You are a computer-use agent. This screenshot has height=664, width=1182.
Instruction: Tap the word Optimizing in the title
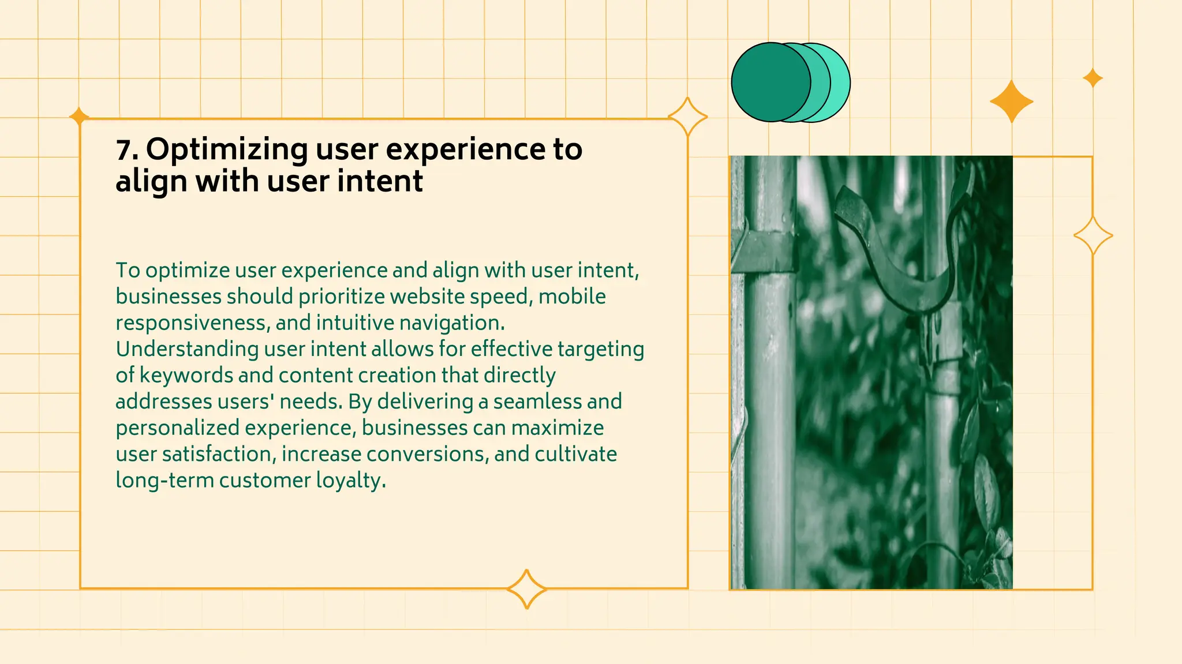(226, 150)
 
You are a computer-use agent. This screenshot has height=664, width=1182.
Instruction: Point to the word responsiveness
(190, 323)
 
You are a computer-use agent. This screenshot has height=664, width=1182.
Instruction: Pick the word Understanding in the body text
(187, 349)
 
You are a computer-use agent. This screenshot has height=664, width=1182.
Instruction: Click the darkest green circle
(768, 82)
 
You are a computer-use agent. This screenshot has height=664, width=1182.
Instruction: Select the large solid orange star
(1011, 102)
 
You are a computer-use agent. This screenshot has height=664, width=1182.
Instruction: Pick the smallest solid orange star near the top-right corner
(1093, 78)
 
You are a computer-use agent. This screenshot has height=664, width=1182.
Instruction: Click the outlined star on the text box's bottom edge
(526, 589)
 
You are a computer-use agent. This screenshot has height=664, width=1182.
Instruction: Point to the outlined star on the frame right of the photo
(1093, 236)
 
